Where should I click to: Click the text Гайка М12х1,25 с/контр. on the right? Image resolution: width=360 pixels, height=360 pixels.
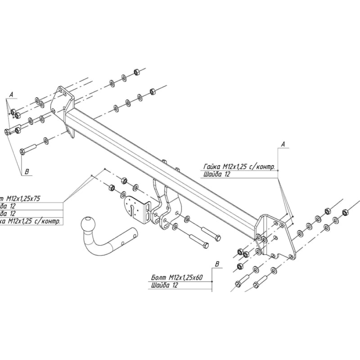click(x=239, y=167)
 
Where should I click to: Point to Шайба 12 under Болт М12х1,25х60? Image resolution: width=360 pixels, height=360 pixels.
click(x=164, y=286)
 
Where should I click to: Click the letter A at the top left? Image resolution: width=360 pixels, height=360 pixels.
click(x=12, y=94)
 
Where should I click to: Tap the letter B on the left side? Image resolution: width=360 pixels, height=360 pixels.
click(x=27, y=172)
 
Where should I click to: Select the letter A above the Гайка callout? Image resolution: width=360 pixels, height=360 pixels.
click(x=282, y=144)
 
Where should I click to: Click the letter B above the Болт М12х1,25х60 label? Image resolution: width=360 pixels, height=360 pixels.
click(x=217, y=264)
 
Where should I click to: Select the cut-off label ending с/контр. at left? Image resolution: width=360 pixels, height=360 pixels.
click(x=30, y=221)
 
